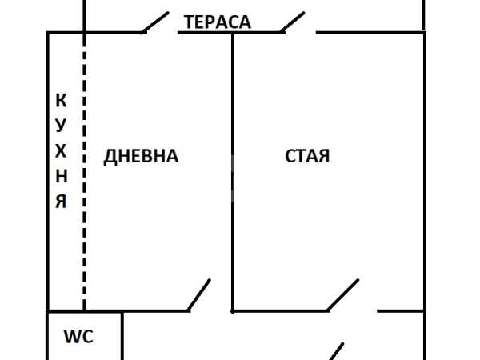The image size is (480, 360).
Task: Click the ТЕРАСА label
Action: pos(218,22)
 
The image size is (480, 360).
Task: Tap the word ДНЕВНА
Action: pos(141,157)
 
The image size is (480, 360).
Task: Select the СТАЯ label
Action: pos(307,157)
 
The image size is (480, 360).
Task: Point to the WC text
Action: pos(78,337)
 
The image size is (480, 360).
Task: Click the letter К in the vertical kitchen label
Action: pos(61,101)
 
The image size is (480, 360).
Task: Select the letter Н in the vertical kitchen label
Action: pos(61,176)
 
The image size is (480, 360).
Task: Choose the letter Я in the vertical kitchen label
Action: pos(61,201)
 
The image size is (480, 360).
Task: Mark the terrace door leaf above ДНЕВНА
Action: pos(155,22)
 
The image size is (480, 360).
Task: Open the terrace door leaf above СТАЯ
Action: pos(294,22)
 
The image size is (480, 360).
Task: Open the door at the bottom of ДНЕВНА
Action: pos(199,295)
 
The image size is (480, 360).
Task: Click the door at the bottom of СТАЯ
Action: pos(342,295)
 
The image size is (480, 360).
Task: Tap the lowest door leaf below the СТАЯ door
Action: pos(337,351)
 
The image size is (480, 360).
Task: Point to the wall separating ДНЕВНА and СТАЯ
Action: pos(233,172)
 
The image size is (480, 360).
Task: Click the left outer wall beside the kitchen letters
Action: pos(47,172)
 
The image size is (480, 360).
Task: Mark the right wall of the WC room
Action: pos(122,336)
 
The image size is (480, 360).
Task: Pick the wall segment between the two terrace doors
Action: pos(229,33)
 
